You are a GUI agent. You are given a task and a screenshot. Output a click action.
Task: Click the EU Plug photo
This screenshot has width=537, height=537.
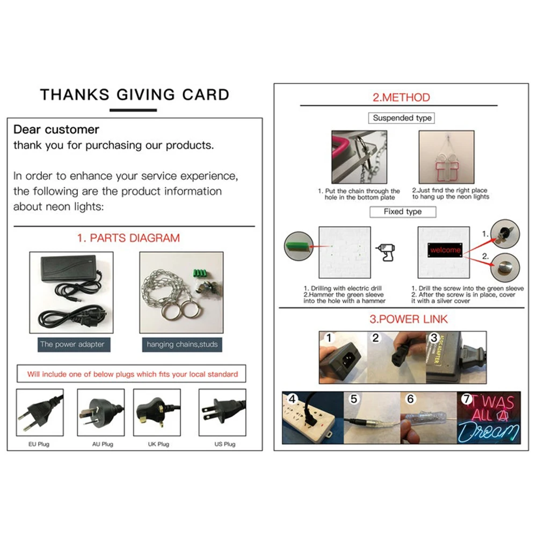(x=40, y=412)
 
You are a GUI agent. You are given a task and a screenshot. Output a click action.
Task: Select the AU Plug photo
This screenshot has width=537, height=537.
(x=101, y=412)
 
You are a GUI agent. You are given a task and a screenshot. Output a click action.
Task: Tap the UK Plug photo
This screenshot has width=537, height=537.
(x=157, y=412)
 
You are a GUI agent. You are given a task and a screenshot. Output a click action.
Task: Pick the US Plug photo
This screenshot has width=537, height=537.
(x=222, y=412)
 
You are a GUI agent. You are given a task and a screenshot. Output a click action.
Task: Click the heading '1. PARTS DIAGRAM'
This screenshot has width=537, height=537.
(x=128, y=238)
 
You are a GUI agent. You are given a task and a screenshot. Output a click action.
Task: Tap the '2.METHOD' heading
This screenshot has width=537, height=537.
(x=401, y=98)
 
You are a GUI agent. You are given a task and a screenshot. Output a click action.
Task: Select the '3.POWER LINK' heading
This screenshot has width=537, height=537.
(x=408, y=319)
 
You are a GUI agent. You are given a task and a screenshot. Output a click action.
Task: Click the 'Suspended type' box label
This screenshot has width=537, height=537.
(x=402, y=118)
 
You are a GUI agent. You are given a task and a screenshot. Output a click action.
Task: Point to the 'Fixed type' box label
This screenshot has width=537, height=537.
(x=403, y=212)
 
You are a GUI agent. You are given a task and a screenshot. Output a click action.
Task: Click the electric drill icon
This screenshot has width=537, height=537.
(x=386, y=252)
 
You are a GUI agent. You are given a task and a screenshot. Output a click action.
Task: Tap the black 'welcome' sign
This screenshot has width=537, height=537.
(x=445, y=250)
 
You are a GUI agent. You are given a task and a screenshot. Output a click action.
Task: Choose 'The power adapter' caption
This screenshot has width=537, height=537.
(x=74, y=345)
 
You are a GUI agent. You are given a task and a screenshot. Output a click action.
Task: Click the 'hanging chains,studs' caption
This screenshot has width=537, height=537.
(x=182, y=345)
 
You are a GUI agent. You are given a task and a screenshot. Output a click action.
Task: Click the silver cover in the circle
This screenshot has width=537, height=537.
(x=505, y=267)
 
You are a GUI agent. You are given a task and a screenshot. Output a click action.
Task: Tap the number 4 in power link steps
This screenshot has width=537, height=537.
(x=292, y=399)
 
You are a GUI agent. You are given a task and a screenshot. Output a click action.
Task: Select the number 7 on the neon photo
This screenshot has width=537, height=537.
(x=466, y=399)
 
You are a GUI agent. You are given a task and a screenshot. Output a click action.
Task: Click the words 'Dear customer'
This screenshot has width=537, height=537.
(x=56, y=129)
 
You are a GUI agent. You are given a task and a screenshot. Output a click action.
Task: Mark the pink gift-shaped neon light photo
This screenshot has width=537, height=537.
(x=447, y=157)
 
